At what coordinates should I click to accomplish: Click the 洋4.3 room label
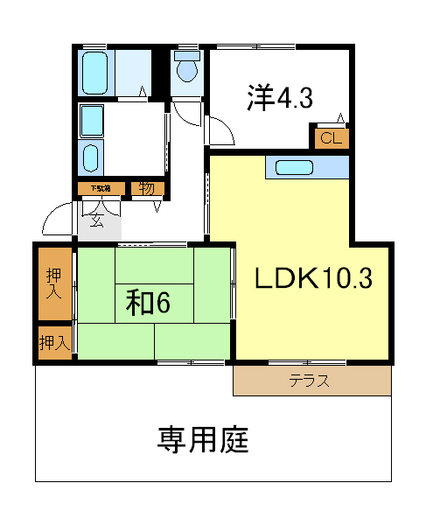point(279,97)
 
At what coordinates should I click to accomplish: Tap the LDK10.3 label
point(313,278)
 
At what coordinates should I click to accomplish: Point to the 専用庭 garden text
point(203,438)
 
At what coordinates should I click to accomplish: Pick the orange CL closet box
point(330,138)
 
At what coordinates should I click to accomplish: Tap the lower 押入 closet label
point(54,343)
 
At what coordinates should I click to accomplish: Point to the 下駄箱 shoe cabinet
point(101,188)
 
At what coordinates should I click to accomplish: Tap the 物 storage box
point(145,187)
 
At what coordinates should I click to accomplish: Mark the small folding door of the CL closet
point(340,119)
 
